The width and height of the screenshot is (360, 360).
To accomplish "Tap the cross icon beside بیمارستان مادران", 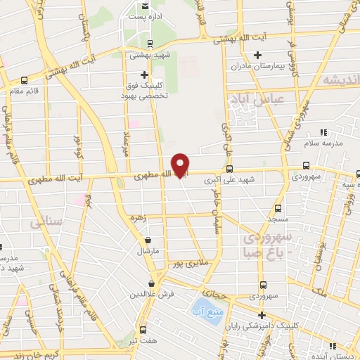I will pyautogui.click(x=258, y=55).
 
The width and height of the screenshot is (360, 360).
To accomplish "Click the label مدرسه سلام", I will pyautogui.click(x=323, y=143).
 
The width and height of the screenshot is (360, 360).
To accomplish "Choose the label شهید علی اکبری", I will pyautogui.click(x=229, y=180).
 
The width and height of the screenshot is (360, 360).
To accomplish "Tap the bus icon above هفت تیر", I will pyautogui.click(x=143, y=329).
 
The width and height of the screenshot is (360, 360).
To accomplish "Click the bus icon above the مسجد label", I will pyautogui.click(x=278, y=208).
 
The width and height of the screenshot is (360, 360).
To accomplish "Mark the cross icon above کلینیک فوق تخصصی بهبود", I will pyautogui.click(x=145, y=75).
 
